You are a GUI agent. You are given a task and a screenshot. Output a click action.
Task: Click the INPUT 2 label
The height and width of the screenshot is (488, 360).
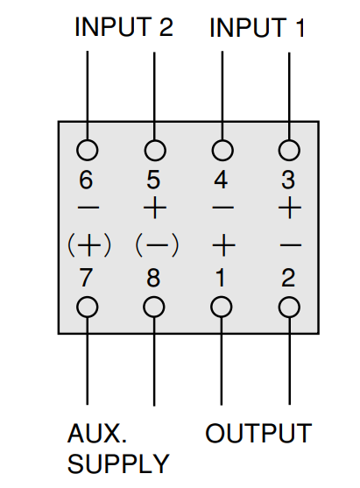pyautogui.click(x=124, y=27)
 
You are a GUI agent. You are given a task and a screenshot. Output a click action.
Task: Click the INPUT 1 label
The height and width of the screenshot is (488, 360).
pyautogui.click(x=257, y=28)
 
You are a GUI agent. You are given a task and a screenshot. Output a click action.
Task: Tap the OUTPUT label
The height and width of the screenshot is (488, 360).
pyautogui.click(x=258, y=433)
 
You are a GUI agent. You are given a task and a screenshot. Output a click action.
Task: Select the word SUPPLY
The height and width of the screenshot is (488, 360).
pyautogui.click(x=118, y=464)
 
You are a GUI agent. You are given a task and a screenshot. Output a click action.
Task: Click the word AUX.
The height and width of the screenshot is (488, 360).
pyautogui.click(x=97, y=433)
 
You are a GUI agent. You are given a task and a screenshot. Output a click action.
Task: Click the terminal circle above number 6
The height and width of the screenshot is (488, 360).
pyautogui.click(x=88, y=150)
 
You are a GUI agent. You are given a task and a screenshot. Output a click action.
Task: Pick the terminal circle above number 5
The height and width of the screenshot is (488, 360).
pyautogui.click(x=155, y=150)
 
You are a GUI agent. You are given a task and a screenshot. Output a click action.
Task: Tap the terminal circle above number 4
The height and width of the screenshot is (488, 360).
pyautogui.click(x=222, y=150)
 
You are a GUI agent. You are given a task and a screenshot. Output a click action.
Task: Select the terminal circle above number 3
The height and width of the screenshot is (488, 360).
pyautogui.click(x=289, y=150)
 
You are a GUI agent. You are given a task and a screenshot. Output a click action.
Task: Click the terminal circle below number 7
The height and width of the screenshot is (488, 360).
pyautogui.click(x=88, y=308)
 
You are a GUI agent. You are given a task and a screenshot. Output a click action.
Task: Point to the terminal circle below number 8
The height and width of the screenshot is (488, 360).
pyautogui.click(x=154, y=308)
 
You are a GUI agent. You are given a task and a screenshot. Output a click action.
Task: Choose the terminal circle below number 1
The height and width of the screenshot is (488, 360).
pyautogui.click(x=222, y=308)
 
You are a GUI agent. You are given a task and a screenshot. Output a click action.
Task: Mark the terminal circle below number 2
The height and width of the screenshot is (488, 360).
pyautogui.click(x=289, y=308)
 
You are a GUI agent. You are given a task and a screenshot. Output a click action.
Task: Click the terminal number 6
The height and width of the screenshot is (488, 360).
pyautogui.click(x=86, y=180)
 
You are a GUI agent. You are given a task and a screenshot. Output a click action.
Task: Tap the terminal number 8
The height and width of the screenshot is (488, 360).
pyautogui.click(x=153, y=278)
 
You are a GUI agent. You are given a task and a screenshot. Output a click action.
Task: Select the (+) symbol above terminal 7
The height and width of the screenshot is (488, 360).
pyautogui.click(x=89, y=245)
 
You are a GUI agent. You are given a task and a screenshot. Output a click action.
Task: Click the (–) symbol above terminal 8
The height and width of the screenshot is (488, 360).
pyautogui.click(x=157, y=245)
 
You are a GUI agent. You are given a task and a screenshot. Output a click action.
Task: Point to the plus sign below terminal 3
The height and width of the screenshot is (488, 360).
pyautogui.click(x=290, y=208)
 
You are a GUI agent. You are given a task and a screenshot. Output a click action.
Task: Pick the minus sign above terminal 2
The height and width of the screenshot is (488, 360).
pyautogui.click(x=291, y=245)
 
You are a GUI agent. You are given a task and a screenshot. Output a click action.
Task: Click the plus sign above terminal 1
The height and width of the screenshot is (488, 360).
pyautogui.click(x=223, y=245)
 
